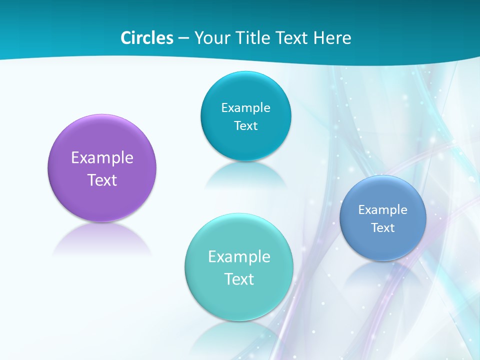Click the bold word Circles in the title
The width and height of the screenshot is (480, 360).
pyautogui.click(x=147, y=38)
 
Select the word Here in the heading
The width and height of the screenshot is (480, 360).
pyautogui.click(x=332, y=38)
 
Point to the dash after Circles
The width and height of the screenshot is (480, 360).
pyautogui.click(x=183, y=38)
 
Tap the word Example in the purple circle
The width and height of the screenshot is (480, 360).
pyautogui.click(x=102, y=158)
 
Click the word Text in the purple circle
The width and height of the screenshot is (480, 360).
pyautogui.click(x=102, y=180)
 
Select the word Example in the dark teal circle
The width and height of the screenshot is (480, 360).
pyautogui.click(x=245, y=107)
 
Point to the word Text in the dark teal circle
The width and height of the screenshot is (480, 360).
pyautogui.click(x=245, y=125)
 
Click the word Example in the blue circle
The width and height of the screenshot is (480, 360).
pyautogui.click(x=382, y=210)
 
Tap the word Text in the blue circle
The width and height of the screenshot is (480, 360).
pyautogui.click(x=382, y=228)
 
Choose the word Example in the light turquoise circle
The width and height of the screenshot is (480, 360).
pyautogui.click(x=239, y=256)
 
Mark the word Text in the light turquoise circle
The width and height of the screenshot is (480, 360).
pyautogui.click(x=239, y=279)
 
